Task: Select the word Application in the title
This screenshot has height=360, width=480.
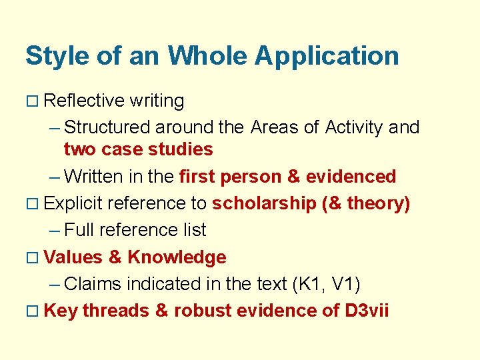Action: click(327, 57)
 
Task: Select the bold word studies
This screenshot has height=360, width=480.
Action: click(181, 149)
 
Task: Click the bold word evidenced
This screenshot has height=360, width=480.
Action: click(351, 177)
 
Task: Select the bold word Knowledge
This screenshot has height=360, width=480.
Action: click(177, 257)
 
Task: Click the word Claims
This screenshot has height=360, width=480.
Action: click(93, 285)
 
